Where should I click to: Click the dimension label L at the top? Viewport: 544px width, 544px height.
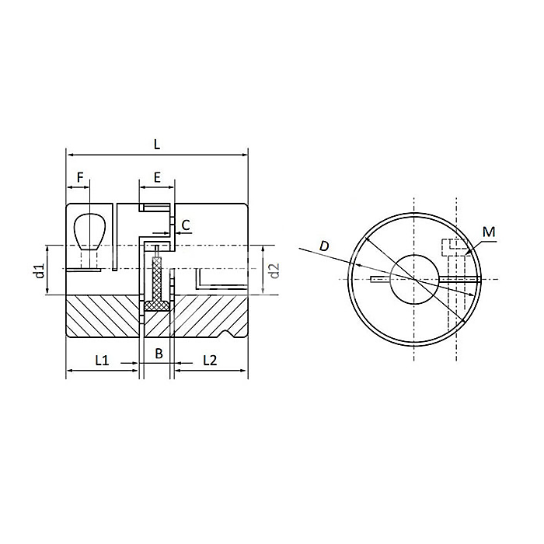coord(156,143)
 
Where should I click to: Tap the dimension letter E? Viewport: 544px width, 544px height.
coord(157,177)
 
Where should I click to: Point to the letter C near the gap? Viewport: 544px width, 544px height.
coord(186,225)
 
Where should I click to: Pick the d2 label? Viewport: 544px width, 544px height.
coord(273,270)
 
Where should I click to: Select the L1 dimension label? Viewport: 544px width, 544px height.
coord(102,359)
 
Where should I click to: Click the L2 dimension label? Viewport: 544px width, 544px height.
coord(210,359)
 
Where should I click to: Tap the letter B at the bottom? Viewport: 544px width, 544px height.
coord(158,354)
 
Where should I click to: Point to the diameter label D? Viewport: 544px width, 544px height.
coord(324,246)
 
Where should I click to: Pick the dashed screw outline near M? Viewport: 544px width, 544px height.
coord(455,247)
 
